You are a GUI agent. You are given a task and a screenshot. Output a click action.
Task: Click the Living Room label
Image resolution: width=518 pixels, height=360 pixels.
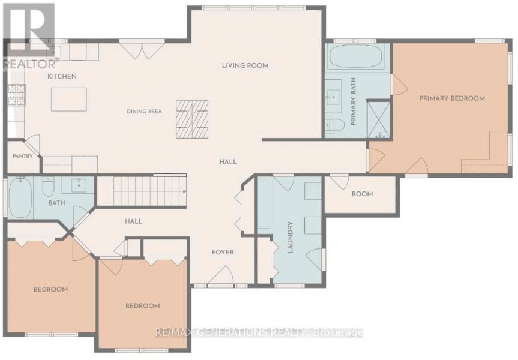(245, 65)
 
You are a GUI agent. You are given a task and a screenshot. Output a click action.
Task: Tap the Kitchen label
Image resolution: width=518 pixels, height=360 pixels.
(62, 76)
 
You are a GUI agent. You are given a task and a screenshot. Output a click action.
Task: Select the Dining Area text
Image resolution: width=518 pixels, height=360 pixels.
(145, 112)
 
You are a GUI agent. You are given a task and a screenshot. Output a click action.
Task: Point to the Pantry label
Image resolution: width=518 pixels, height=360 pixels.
(23, 156)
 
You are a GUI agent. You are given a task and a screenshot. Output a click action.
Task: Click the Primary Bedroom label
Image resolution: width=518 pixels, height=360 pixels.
(452, 98)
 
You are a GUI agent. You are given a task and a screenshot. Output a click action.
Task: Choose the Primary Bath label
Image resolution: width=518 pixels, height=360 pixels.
(353, 101)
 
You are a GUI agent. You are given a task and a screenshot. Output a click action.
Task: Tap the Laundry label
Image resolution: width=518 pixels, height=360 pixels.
(291, 237)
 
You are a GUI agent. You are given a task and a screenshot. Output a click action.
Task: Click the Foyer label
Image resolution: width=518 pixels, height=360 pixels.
(223, 252)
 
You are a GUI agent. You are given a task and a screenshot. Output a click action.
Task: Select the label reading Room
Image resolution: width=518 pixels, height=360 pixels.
(362, 194)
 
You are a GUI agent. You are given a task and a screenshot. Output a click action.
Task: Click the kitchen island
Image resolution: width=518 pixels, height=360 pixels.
(69, 99)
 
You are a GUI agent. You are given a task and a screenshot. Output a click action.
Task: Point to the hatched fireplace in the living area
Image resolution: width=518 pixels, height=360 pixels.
(192, 119)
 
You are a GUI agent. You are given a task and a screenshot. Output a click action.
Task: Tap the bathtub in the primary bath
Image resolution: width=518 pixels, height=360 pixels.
(356, 56)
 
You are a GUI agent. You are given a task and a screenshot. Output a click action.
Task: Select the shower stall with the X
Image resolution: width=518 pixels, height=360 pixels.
(379, 119)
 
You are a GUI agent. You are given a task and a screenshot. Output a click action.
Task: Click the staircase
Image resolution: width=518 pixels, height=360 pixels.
(150, 191)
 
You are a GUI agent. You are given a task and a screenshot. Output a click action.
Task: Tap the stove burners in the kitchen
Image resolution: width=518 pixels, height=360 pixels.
(17, 95)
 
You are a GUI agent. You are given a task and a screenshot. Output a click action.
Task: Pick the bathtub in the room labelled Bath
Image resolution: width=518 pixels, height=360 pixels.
(20, 197)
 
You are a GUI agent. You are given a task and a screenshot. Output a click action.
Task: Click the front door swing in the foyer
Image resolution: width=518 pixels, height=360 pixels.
(221, 275)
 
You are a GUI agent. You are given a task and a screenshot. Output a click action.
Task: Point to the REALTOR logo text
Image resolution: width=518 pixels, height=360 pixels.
(31, 64)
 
